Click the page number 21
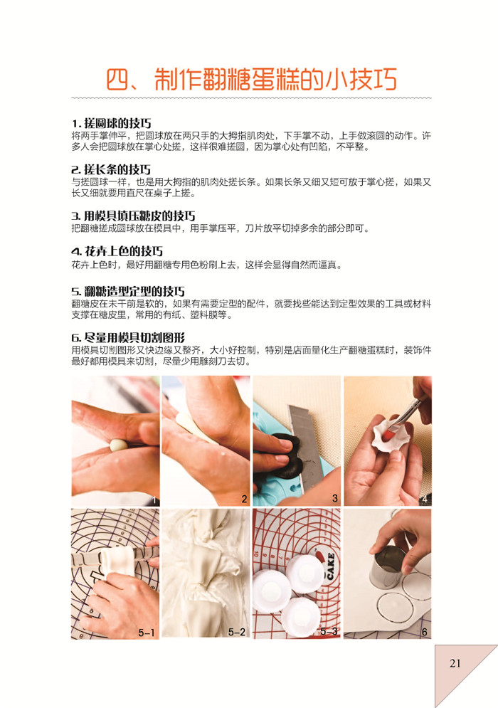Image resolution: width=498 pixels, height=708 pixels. click(455, 663)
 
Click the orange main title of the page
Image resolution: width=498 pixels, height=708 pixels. click(251, 79)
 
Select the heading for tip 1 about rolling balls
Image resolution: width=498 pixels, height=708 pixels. click(111, 123)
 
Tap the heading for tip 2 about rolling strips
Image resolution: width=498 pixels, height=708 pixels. click(111, 170)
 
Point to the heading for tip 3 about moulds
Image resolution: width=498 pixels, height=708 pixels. click(133, 216)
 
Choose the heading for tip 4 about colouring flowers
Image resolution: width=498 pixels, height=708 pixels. click(117, 251)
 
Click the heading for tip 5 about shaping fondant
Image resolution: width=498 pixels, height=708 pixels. click(128, 291)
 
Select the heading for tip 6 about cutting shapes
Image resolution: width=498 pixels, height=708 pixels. click(128, 338)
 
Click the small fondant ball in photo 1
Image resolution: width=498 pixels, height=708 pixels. click(119, 445)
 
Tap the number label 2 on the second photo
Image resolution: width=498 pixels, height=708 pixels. click(244, 499)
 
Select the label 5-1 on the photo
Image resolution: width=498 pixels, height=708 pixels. click(147, 633)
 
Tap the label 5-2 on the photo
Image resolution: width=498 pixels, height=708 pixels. click(237, 632)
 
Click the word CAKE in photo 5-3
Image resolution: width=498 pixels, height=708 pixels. click(331, 566)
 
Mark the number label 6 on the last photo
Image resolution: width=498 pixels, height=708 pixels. click(425, 632)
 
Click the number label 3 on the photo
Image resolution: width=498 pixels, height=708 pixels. click(335, 498)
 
